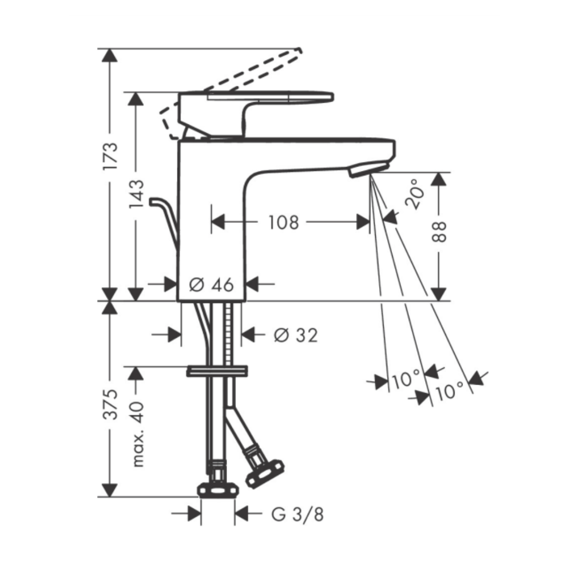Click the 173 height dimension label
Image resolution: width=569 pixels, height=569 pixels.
pyautogui.click(x=110, y=156)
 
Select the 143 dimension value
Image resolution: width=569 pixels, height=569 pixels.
pyautogui.click(x=136, y=194)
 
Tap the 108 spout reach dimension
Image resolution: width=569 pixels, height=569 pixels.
pyautogui.click(x=283, y=222)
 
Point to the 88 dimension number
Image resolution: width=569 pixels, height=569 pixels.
pyautogui.click(x=439, y=232)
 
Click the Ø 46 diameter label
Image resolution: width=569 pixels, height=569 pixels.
pyautogui.click(x=212, y=284)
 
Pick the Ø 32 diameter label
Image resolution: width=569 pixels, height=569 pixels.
pyautogui.click(x=296, y=335)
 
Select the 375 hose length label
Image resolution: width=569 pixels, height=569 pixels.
pyautogui.click(x=110, y=405)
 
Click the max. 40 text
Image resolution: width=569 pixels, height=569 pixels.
pyautogui.click(x=137, y=434)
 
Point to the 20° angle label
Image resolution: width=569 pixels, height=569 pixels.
pyautogui.click(x=415, y=193)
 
